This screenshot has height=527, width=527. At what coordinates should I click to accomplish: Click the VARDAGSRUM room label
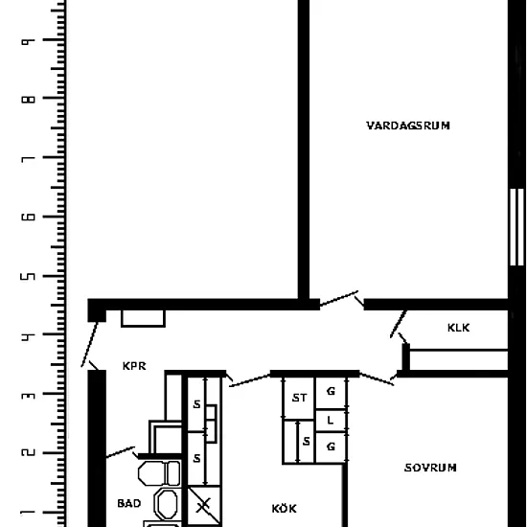(408, 126)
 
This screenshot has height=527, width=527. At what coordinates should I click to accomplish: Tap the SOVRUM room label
(430, 468)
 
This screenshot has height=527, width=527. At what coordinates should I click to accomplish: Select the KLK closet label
(458, 328)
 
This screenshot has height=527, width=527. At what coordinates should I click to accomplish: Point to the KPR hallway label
(134, 366)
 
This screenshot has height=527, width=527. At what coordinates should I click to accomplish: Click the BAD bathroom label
(129, 503)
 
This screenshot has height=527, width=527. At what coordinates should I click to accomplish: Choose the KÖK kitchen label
(284, 508)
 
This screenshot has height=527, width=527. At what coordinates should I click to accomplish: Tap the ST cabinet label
(300, 398)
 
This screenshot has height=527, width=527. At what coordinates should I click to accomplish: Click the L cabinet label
(331, 421)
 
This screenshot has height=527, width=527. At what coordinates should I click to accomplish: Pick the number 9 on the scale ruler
(28, 41)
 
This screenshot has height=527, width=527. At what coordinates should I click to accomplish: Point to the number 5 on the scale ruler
(28, 276)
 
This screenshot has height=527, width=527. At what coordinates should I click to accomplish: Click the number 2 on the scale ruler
(28, 452)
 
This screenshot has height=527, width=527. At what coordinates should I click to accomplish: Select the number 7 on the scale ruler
(28, 159)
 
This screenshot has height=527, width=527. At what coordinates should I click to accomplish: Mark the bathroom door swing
(122, 452)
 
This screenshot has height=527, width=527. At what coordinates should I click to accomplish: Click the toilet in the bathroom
(159, 473)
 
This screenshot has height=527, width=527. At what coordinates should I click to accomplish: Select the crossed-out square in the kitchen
(204, 505)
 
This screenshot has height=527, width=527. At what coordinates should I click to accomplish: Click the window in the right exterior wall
(516, 227)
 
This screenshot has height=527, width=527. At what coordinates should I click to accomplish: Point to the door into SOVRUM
(378, 378)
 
